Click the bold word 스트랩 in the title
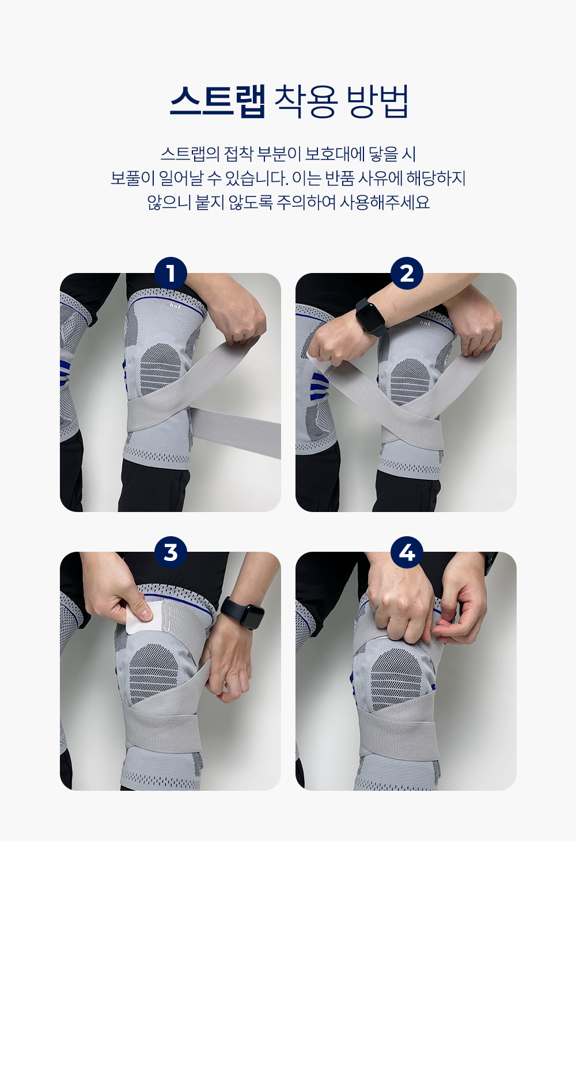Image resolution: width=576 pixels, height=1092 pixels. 218,101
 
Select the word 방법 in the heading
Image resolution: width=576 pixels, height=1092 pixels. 377,101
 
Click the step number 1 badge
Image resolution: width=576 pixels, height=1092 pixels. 170,273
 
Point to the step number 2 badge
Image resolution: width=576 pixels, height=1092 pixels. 407,273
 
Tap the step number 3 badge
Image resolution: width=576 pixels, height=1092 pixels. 170,552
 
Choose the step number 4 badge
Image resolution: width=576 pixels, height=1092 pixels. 407,552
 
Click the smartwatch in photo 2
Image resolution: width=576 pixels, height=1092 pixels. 370,316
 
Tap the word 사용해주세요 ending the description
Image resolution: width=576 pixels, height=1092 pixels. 384,202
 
